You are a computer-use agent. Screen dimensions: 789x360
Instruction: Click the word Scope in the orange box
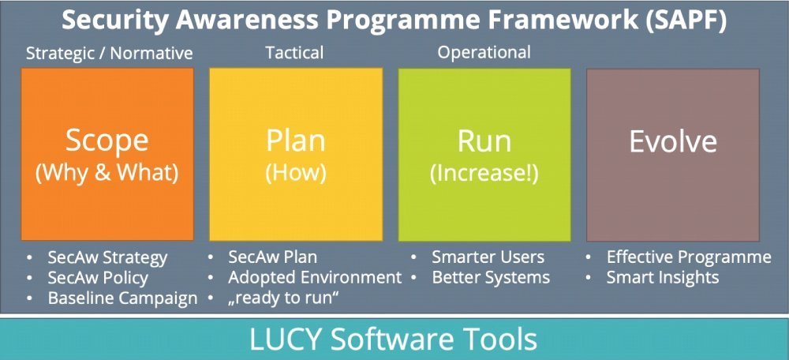(107, 142)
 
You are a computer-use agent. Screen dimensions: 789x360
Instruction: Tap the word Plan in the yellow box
(295, 142)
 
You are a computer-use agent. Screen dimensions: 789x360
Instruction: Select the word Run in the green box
(484, 142)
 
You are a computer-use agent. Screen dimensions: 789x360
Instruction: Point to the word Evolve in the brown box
(673, 142)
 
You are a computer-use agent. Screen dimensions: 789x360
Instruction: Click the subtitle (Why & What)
(107, 173)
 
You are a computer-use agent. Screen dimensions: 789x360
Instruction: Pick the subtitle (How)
(295, 173)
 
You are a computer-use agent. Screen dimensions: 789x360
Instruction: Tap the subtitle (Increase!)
(484, 173)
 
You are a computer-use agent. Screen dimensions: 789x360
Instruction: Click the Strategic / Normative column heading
(109, 53)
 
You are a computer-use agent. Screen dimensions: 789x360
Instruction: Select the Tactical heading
(294, 52)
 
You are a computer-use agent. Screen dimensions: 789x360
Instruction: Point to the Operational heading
(484, 53)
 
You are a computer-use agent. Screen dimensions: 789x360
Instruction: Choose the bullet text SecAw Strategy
(107, 258)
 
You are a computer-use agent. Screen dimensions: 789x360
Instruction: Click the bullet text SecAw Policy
(98, 278)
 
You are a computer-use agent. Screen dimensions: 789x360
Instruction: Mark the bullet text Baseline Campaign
(123, 298)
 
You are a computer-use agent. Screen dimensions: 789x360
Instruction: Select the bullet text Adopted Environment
(315, 277)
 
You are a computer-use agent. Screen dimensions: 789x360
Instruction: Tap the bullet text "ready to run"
(282, 298)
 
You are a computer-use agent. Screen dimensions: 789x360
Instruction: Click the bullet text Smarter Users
(488, 257)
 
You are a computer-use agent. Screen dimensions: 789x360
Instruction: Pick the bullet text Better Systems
(491, 278)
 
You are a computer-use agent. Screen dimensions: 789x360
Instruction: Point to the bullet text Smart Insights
(663, 278)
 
